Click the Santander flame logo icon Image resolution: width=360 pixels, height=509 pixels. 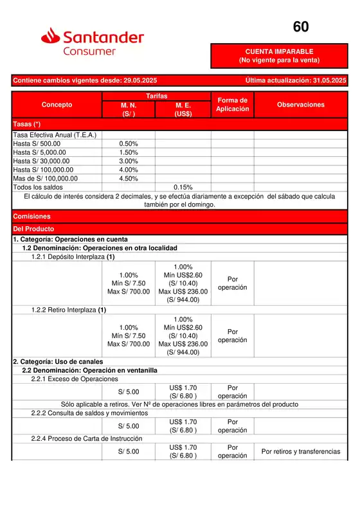pos(51,36)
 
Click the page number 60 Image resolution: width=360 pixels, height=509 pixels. pos(301,27)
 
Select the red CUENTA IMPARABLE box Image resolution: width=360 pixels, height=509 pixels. pos(279,56)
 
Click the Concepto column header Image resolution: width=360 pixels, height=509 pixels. pos(57,105)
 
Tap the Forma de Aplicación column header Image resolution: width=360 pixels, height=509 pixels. pos(232,105)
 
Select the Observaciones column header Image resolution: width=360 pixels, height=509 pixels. pos(300,105)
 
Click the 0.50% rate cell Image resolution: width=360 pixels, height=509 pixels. pos(129,144)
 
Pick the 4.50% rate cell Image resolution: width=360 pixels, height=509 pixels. pos(129,179)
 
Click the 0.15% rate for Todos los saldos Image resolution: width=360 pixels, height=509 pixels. pos(183,188)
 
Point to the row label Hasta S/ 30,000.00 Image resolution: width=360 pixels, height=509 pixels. pos(42,161)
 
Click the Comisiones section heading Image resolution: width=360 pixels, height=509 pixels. pos(32,217)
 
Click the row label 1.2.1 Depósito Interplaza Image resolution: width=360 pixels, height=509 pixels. pos(69,256)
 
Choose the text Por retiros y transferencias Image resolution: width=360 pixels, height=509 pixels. pos(300,452)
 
